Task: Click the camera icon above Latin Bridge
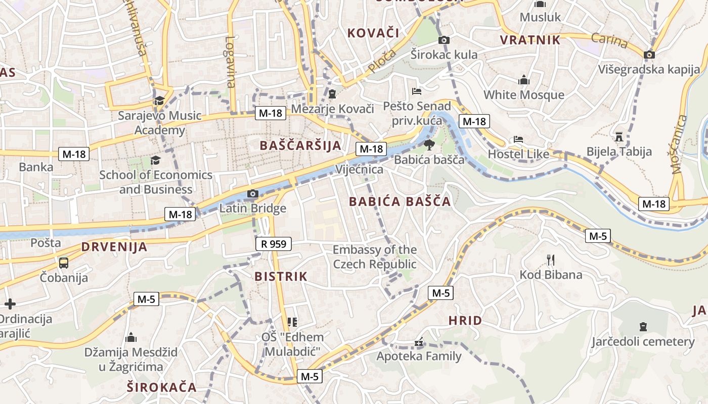click(x=252, y=194)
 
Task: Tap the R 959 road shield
click(x=274, y=244)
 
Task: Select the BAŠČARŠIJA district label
click(x=300, y=145)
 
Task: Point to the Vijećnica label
click(x=360, y=169)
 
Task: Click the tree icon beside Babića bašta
click(x=429, y=145)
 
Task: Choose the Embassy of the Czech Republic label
click(x=375, y=257)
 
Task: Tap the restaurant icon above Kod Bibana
click(x=551, y=260)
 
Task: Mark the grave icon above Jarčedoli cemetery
click(x=643, y=327)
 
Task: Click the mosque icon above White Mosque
click(x=523, y=80)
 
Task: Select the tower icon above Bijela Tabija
click(x=618, y=136)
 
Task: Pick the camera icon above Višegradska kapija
click(x=649, y=55)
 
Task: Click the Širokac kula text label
click(x=444, y=55)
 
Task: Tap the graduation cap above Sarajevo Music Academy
click(x=159, y=100)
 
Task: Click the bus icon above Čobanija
click(x=64, y=263)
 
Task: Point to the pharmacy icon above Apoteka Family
click(x=419, y=342)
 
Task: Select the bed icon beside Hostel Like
click(x=518, y=139)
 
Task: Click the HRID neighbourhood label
click(x=465, y=321)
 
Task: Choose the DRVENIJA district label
click(x=114, y=247)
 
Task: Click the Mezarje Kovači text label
click(x=332, y=109)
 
